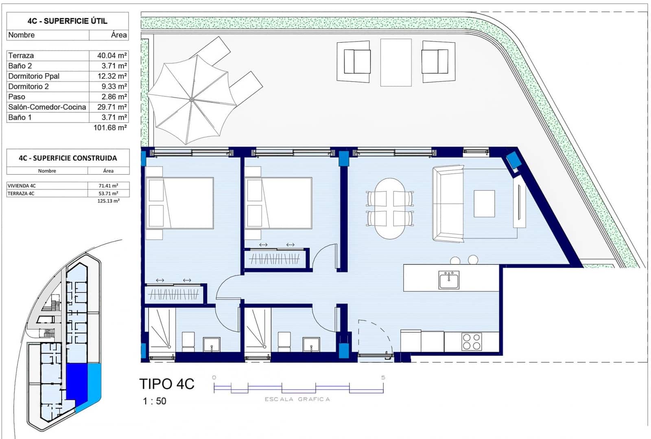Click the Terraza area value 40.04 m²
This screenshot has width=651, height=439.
(111, 56)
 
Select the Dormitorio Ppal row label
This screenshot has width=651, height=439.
(34, 76)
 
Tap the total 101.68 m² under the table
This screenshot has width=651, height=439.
(110, 128)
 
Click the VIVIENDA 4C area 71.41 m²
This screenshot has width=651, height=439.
(108, 186)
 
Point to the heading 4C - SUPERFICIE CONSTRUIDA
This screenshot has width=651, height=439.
(68, 158)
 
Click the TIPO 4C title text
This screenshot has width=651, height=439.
(167, 384)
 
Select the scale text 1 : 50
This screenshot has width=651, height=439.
(155, 401)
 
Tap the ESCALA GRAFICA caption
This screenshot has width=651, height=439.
(297, 399)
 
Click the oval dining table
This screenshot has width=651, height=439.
(390, 208)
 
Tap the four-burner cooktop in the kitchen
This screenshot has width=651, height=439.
(472, 342)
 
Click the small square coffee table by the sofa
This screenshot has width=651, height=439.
(484, 203)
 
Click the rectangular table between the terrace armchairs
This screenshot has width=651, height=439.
(395, 62)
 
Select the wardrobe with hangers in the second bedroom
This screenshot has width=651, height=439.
(275, 259)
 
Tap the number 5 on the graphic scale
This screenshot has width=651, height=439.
(383, 378)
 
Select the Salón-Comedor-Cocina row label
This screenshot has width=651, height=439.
(47, 107)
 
